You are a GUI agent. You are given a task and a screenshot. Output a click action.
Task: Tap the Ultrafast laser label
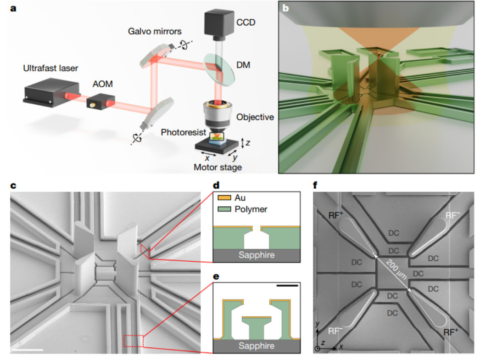point(51,68)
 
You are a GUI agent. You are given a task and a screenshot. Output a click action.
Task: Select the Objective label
point(255,117)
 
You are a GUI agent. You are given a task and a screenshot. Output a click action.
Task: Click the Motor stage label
point(218,168)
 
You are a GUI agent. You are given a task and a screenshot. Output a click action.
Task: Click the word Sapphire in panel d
point(257,255)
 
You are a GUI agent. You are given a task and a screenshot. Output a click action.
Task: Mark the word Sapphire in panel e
point(257,346)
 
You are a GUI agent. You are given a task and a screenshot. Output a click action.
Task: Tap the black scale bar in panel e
point(287,285)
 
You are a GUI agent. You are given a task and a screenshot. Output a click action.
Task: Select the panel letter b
point(286,8)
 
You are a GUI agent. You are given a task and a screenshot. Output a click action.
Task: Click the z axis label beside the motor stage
point(248,143)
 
